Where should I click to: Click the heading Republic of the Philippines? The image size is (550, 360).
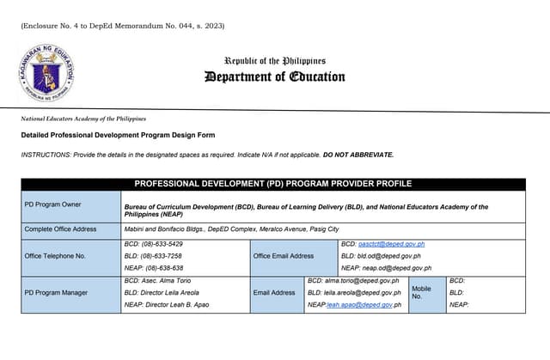tap(275, 61)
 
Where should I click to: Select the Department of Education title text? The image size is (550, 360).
tap(275, 77)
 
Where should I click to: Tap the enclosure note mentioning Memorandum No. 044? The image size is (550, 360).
tap(122, 26)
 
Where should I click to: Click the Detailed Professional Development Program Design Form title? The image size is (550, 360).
tap(118, 135)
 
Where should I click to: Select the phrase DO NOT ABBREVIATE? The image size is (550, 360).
tap(358, 155)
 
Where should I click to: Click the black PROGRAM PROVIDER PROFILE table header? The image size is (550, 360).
tap(272, 184)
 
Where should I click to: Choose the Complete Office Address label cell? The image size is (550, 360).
tap(71, 229)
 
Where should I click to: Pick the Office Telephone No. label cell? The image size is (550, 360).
tap(71, 256)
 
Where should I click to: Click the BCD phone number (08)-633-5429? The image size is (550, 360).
tap(154, 244)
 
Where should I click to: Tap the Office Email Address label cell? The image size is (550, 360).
tap(284, 256)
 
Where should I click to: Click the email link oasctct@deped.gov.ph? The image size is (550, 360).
tap(391, 244)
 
